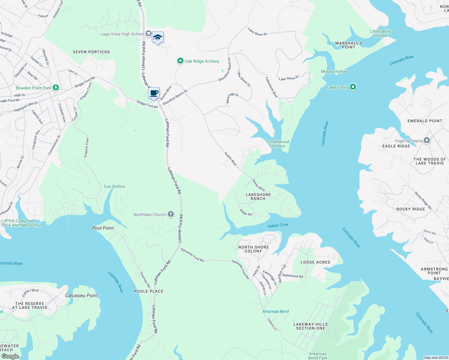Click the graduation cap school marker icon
tap(158, 37)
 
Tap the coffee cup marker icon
tap(154, 93)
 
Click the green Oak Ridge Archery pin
tap(180, 61)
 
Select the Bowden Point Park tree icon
tap(56, 88)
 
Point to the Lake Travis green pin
tap(353, 87)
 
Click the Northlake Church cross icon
tap(170, 214)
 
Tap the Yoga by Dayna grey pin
tap(426, 140)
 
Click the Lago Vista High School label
tap(122, 34)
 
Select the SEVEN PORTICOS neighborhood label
tap(91, 52)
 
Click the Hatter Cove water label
tap(278, 225)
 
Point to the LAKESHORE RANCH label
tap(258, 196)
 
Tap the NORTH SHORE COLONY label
tap(253, 249)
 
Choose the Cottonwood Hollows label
tap(278, 144)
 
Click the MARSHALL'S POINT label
tap(348, 45)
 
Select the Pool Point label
tap(103, 228)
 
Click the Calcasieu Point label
tap(81, 295)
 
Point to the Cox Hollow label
tap(114, 186)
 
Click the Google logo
tap(10, 356)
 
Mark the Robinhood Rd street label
tap(293, 276)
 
